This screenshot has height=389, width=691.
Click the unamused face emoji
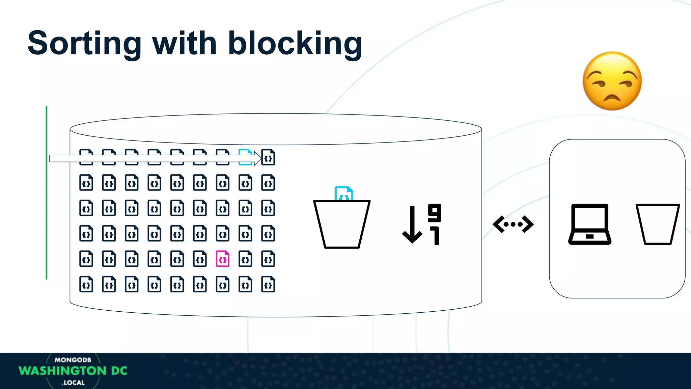[612, 81]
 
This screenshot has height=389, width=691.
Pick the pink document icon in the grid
[223, 259]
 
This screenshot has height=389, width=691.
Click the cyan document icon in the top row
[245, 157]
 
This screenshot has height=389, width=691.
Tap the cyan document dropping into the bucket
[343, 194]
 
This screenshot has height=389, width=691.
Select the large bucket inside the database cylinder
[342, 224]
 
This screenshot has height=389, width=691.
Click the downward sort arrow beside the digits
[412, 225]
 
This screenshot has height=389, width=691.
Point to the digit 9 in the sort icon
[435, 213]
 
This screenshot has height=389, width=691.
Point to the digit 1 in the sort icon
[436, 236]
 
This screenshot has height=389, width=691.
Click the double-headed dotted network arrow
[513, 224]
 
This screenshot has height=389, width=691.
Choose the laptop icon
[590, 224]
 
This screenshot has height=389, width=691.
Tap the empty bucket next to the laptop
[658, 224]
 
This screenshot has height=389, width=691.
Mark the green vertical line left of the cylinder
[47, 192]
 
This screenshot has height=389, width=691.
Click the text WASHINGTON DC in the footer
[73, 371]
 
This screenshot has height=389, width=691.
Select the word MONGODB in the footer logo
[73, 360]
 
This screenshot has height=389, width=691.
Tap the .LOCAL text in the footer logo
[73, 383]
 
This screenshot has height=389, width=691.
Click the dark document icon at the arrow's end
[268, 157]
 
